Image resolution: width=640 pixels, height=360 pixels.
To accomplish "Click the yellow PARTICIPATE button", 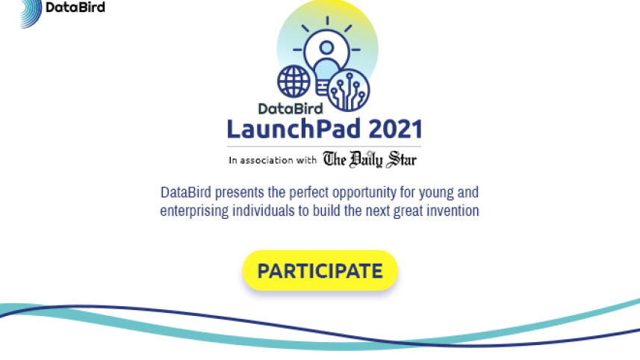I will click(320, 270).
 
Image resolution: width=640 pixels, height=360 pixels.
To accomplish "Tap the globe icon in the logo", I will click(293, 81).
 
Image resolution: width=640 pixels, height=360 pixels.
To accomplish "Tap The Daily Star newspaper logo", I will click(370, 159).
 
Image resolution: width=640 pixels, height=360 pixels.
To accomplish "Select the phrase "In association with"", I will click(273, 160).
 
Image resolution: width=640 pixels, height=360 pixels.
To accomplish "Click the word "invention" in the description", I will click(451, 211).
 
